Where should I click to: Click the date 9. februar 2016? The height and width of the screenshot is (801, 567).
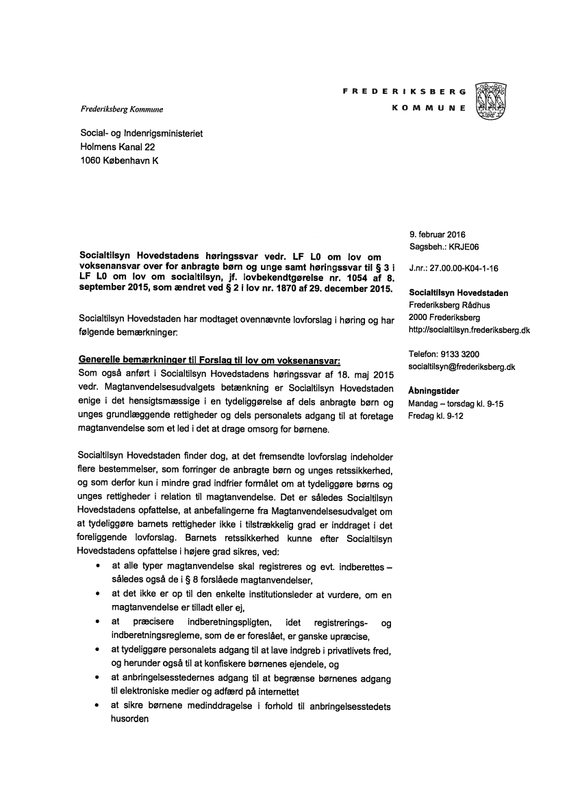point(437,236)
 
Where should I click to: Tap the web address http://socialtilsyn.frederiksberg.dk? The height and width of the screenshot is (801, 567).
point(469,330)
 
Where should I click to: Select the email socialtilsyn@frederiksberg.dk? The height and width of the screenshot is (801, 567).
point(462,367)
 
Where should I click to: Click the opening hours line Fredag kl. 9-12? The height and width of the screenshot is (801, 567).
point(436,415)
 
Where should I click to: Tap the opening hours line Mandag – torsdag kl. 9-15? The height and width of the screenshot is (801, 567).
point(455,404)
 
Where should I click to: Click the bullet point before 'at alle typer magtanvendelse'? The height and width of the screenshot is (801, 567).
point(100,567)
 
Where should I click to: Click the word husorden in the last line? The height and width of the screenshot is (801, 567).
point(129,719)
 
